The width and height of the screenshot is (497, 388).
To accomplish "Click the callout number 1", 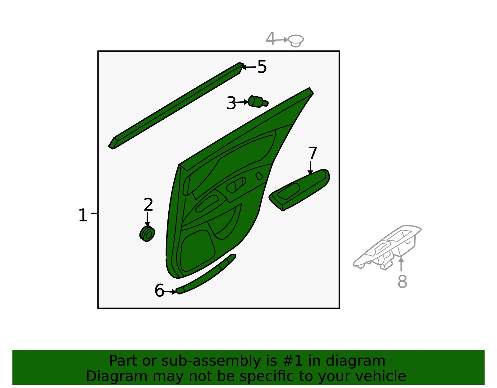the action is pyautogui.click(x=83, y=215).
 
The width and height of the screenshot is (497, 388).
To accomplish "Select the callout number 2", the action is pyautogui.click(x=148, y=204).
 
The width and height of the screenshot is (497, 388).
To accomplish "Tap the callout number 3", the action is pyautogui.click(x=231, y=103).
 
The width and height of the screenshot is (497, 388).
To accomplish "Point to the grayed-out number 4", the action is pyautogui.click(x=270, y=39).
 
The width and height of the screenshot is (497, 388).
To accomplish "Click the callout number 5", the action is pyautogui.click(x=262, y=66).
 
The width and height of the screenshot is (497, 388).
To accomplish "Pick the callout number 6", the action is pyautogui.click(x=159, y=290).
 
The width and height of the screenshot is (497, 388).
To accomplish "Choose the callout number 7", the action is pyautogui.click(x=312, y=153).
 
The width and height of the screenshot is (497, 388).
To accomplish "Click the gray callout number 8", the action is pyautogui.click(x=402, y=281).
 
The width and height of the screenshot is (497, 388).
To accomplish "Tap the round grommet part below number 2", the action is pyautogui.click(x=147, y=234).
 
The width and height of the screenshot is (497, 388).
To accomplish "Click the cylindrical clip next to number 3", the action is pyautogui.click(x=258, y=102).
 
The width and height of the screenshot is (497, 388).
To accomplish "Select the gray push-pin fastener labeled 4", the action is pyautogui.click(x=296, y=41).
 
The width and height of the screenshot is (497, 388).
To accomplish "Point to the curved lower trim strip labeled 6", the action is pyautogui.click(x=206, y=274).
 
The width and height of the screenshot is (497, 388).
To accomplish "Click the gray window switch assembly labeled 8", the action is pyautogui.click(x=387, y=247).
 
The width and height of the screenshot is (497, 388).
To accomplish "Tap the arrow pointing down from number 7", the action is pyautogui.click(x=310, y=168).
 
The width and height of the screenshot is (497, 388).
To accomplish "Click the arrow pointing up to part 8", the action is pyautogui.click(x=401, y=264).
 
